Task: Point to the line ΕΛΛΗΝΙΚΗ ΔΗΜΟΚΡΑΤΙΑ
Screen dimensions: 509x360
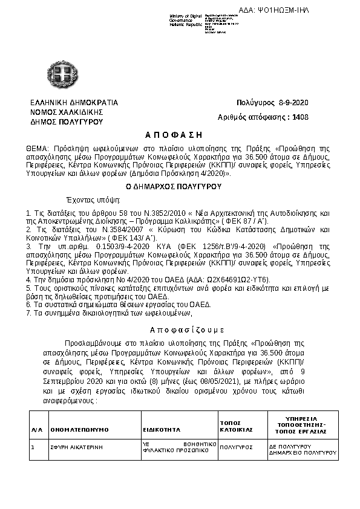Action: [74, 103]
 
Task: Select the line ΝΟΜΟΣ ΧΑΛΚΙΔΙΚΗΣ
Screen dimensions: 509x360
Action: [67, 112]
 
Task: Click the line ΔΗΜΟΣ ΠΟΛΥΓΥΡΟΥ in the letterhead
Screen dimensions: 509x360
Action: [67, 122]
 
